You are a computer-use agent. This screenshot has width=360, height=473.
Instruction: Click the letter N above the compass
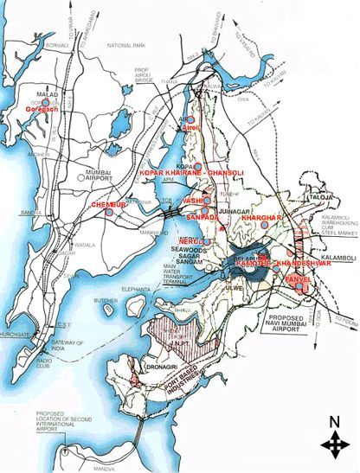pyautogui.click(x=332, y=423)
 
